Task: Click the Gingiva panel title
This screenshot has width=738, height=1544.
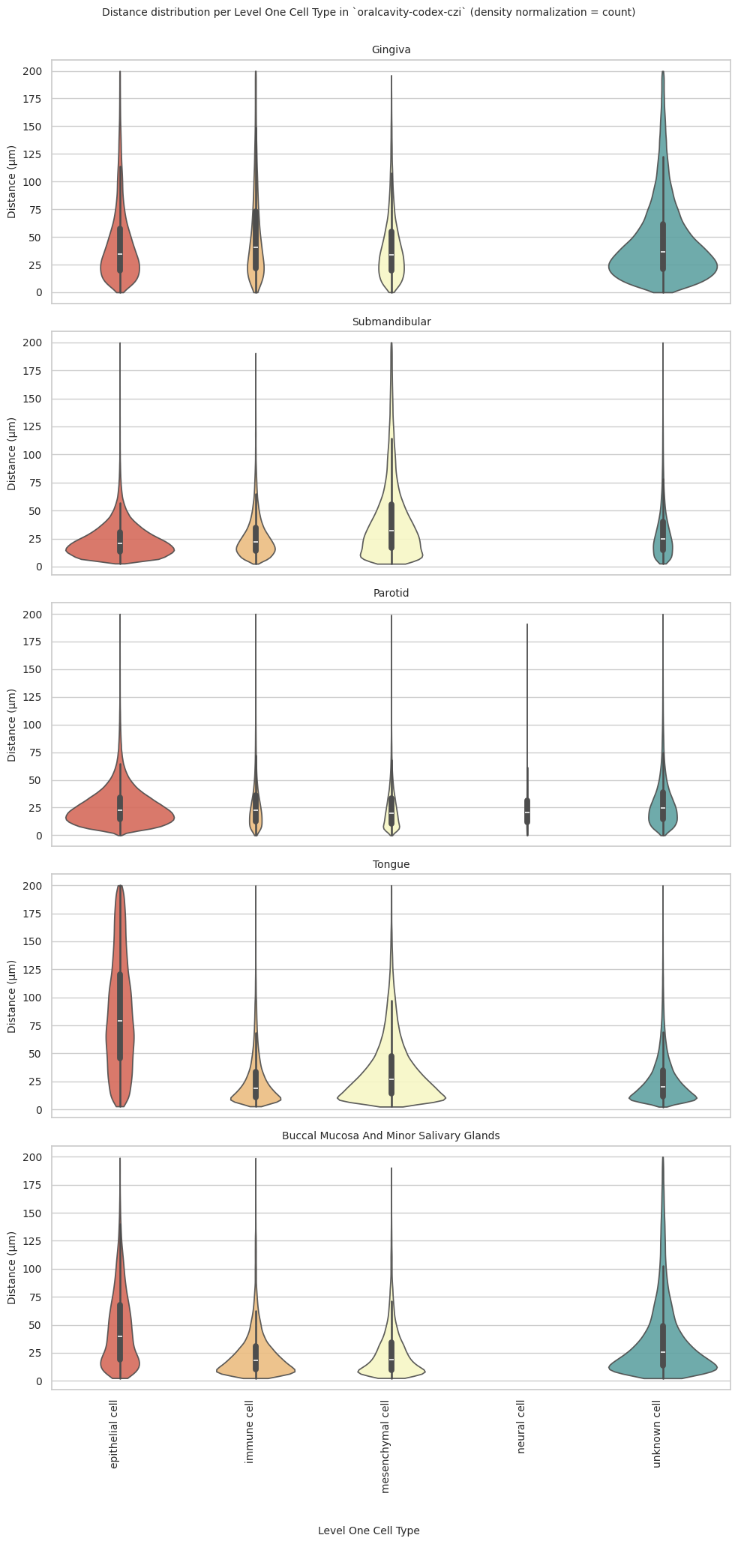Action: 391,50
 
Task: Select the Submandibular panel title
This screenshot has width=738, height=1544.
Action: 391,322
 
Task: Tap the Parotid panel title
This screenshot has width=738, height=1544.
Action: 391,593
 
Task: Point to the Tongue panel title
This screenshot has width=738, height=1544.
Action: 391,864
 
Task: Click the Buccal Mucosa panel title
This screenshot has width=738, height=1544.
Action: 391,1136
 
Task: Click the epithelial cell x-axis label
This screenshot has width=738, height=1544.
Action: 114,1435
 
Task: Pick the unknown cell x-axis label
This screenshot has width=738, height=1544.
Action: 657,1433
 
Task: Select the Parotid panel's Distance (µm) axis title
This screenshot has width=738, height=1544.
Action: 12,725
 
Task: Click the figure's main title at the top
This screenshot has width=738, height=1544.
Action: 368,13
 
